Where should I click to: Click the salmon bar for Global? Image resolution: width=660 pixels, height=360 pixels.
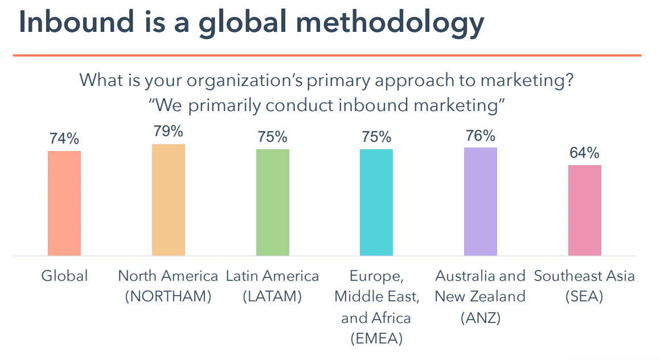click(x=64, y=203)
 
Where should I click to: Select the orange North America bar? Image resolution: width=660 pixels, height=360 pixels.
click(x=169, y=199)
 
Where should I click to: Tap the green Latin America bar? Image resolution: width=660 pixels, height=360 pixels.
click(x=273, y=202)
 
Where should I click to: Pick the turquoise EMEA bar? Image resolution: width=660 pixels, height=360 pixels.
click(x=376, y=202)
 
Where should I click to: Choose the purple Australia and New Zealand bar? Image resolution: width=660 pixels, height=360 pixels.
click(x=481, y=201)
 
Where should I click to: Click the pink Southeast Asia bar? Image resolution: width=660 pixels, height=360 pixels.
click(x=585, y=210)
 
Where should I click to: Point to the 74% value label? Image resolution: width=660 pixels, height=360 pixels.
click(x=64, y=139)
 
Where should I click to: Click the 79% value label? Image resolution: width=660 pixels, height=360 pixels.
click(x=169, y=132)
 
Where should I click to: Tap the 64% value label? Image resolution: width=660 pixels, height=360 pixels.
click(x=585, y=153)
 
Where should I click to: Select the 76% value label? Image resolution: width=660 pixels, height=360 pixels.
click(x=481, y=136)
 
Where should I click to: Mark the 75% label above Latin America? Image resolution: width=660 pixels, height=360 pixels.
click(x=273, y=137)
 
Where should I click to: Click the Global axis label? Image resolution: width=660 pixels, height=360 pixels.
click(x=64, y=276)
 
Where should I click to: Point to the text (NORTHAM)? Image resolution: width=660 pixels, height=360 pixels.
click(x=168, y=297)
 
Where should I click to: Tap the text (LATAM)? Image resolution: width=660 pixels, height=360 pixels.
click(x=272, y=297)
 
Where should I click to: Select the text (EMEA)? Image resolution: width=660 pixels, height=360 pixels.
click(x=376, y=338)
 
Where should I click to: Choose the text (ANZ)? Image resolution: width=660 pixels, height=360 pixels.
click(x=480, y=317)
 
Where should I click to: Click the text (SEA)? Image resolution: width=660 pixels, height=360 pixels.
click(x=584, y=297)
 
